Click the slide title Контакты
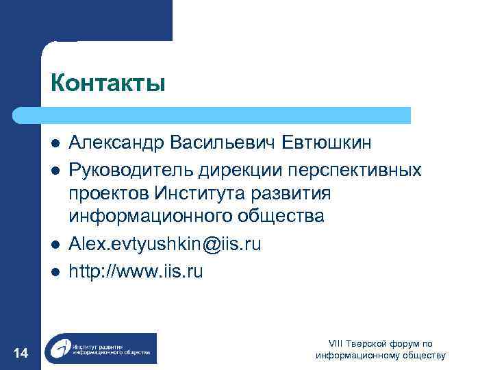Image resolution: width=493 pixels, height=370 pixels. click(x=108, y=83)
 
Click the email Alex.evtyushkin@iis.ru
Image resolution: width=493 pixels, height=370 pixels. click(x=164, y=244)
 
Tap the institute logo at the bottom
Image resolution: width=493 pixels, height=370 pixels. click(x=100, y=348)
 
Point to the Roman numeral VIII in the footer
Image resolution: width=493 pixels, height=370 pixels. click(x=336, y=343)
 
